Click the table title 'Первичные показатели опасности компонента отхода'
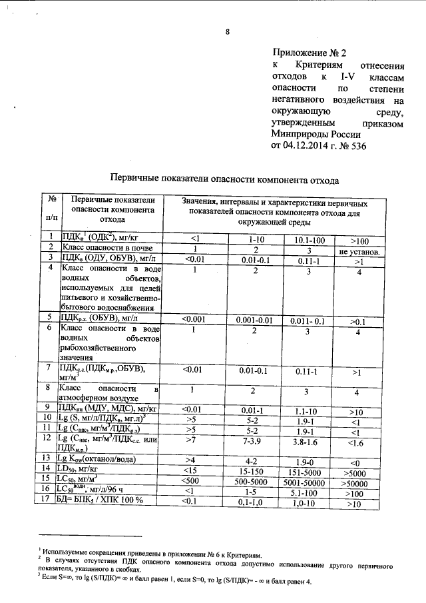click(x=224, y=179)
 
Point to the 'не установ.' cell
click(x=359, y=253)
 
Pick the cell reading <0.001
click(x=194, y=320)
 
